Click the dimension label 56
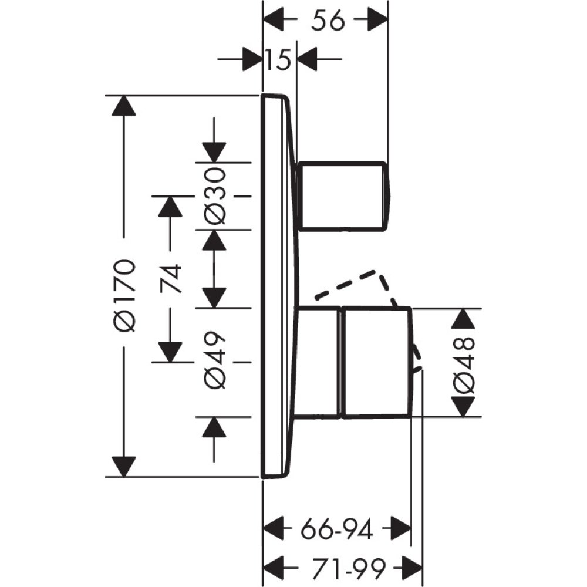(327, 22)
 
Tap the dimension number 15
(279, 60)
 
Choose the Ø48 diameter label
(464, 363)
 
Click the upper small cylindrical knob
(343, 195)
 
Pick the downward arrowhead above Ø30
(214, 151)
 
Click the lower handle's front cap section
(376, 362)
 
